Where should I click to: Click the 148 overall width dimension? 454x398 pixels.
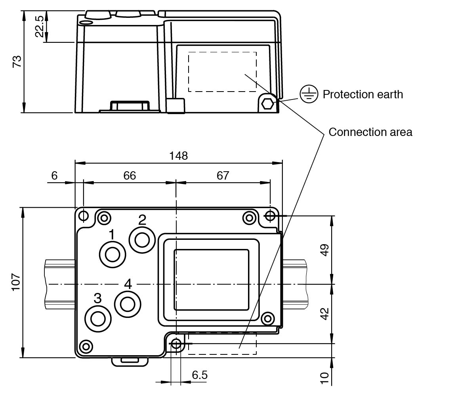pyautogui.click(x=178, y=155)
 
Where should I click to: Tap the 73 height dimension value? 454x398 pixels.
pyautogui.click(x=17, y=61)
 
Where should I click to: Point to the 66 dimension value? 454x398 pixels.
pyautogui.click(x=129, y=175)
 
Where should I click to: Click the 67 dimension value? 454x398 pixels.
pyautogui.click(x=223, y=175)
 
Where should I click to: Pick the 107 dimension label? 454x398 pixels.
pyautogui.click(x=15, y=282)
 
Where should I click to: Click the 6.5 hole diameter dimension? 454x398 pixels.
pyautogui.click(x=200, y=375)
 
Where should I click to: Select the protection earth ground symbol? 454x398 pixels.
pyautogui.click(x=309, y=94)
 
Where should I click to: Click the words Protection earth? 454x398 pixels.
pyautogui.click(x=362, y=94)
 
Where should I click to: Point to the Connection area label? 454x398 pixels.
pyautogui.click(x=370, y=132)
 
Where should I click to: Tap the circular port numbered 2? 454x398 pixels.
pyautogui.click(x=142, y=239)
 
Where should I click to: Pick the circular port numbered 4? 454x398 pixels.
pyautogui.click(x=128, y=304)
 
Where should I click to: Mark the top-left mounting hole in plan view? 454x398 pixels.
pyautogui.click(x=84, y=216)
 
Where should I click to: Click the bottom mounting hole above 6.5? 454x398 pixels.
pyautogui.click(x=176, y=343)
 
